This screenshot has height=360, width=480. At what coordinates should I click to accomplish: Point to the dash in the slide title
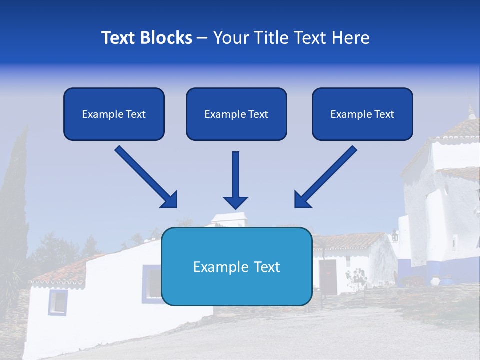202,38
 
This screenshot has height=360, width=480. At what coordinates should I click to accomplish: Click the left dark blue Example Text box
114,114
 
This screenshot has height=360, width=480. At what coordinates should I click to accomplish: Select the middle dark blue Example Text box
236,114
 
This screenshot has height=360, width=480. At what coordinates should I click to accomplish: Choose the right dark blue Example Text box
362,114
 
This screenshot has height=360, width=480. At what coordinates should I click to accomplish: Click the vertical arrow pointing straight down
235,180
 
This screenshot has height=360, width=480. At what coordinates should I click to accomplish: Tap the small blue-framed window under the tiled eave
57,302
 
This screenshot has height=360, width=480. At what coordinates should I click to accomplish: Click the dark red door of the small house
328,276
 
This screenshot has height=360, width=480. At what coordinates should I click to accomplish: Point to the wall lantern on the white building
395,235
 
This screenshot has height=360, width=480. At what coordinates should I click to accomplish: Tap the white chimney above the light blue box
228,219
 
